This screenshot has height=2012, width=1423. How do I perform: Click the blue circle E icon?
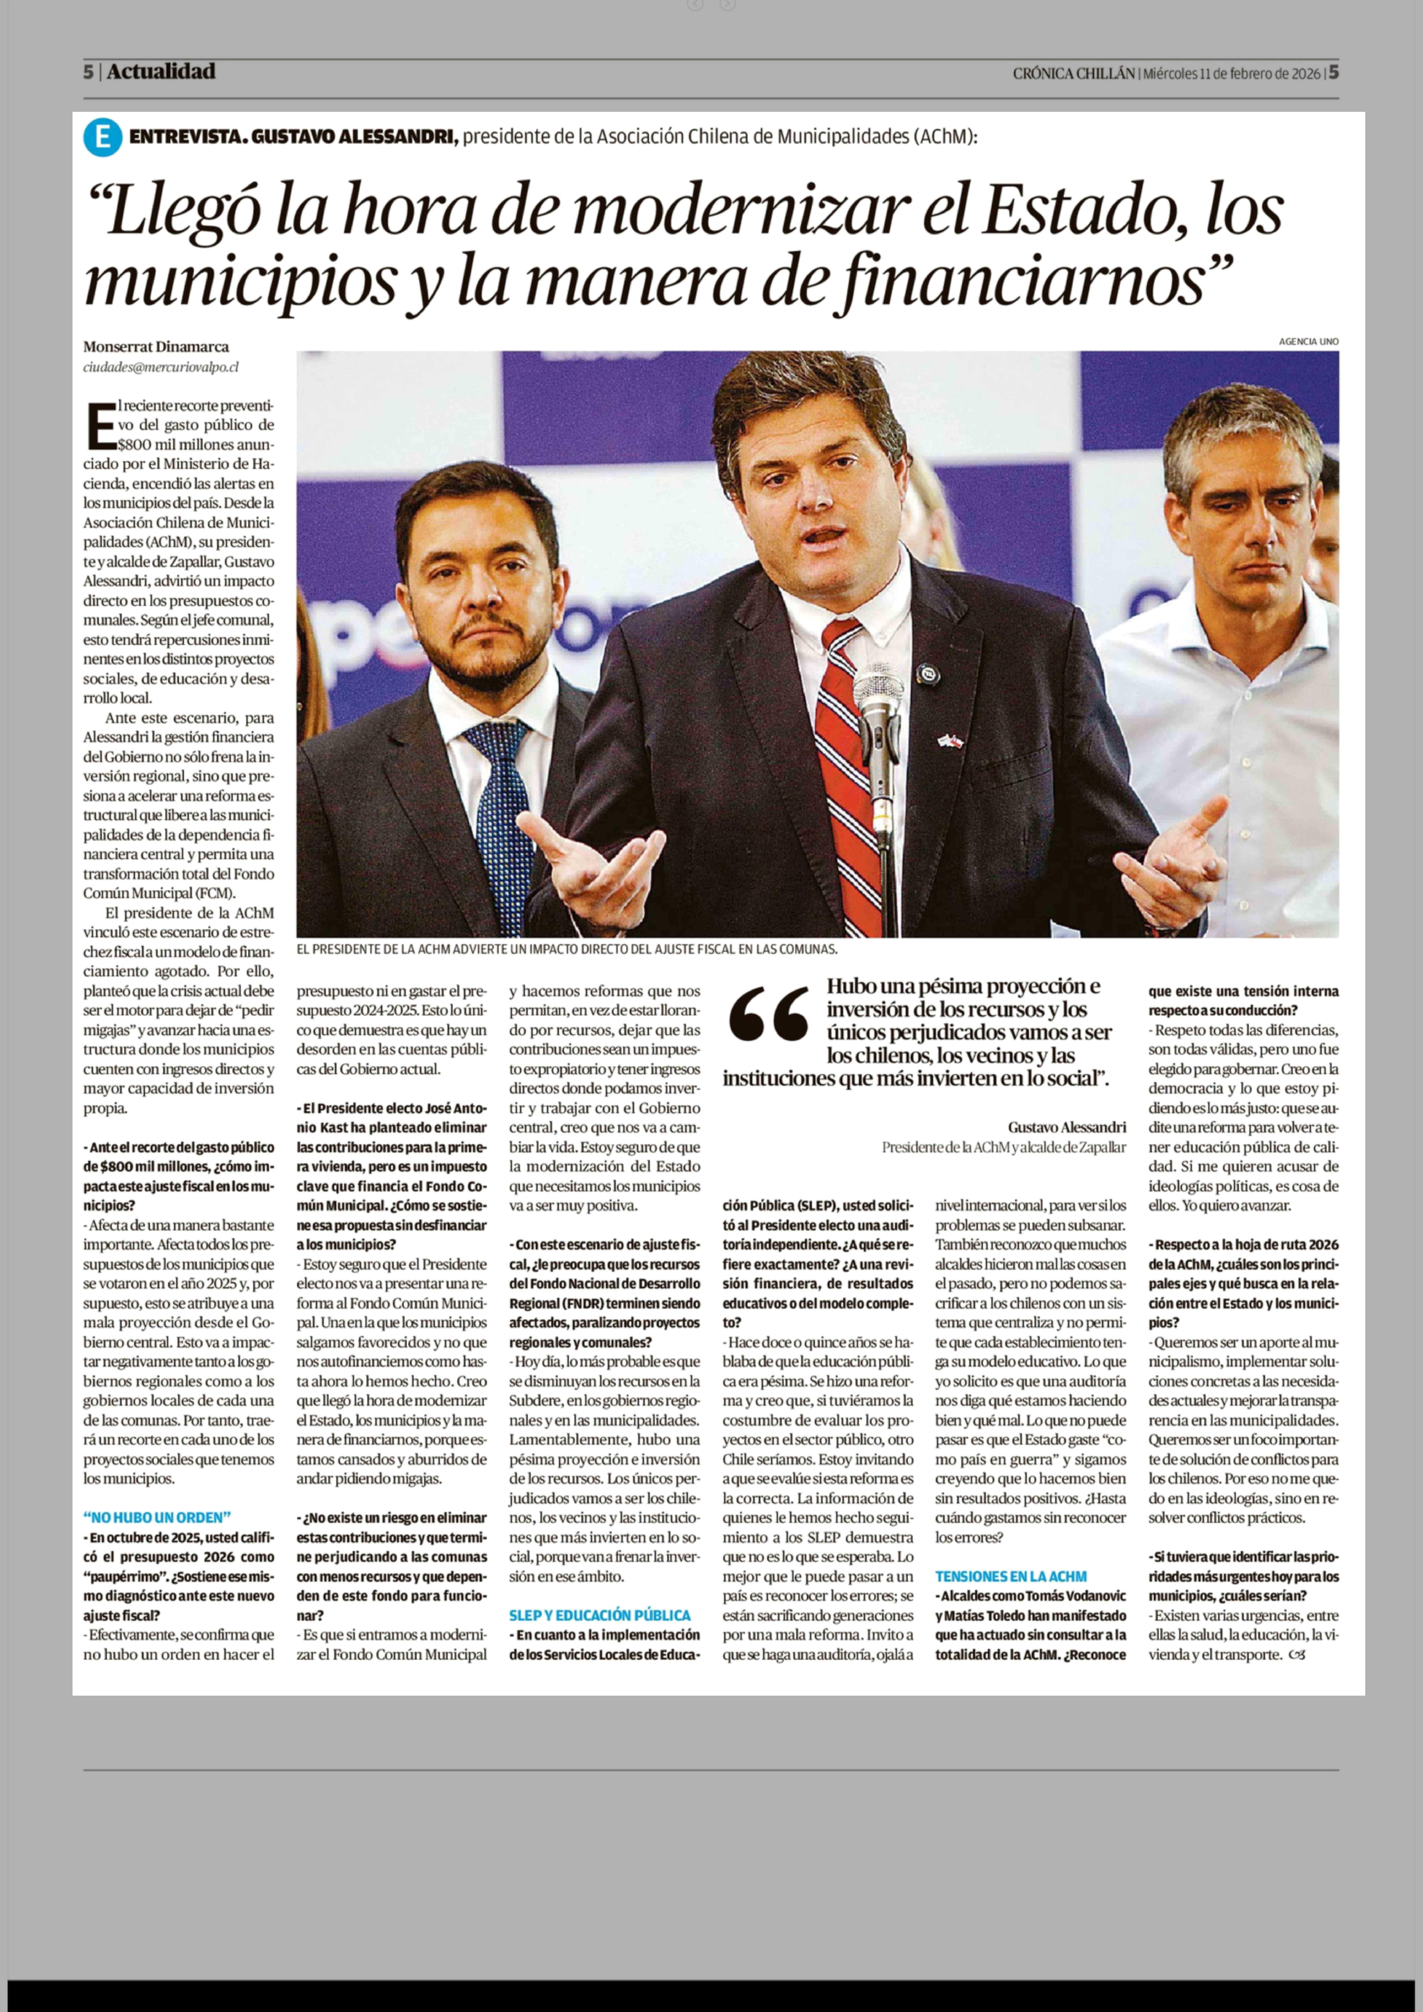coord(103,138)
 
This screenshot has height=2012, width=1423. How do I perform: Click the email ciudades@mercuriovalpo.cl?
coord(160,367)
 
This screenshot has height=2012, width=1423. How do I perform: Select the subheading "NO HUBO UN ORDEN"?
coord(158,1517)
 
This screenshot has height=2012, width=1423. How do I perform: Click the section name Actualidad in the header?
coord(161,72)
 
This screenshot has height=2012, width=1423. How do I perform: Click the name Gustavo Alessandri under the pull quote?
coord(1066,1127)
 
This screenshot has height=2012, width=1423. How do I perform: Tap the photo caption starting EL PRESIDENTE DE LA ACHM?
coord(567,949)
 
